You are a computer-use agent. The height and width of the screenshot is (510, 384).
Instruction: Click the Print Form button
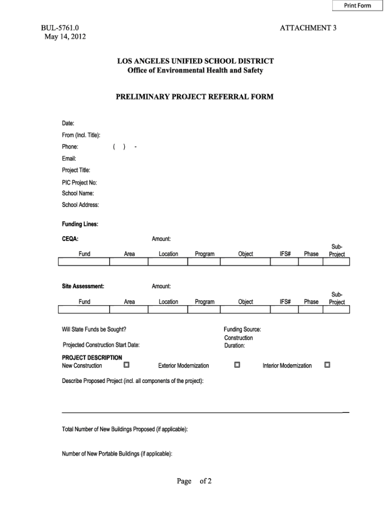pos(357,5)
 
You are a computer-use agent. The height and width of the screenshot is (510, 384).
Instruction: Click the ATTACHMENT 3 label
pos(308,28)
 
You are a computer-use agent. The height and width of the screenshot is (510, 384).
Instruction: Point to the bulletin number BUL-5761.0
pos(60,28)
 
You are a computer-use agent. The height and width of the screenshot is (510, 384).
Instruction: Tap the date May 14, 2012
pos(64,37)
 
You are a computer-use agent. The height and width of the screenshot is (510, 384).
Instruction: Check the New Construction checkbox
pos(126,365)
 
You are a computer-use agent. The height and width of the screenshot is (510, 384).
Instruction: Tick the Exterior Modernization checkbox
pos(237,365)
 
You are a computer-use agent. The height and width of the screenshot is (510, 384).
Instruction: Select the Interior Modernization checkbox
pos(327,365)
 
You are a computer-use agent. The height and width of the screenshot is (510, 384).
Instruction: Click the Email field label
pos(69,159)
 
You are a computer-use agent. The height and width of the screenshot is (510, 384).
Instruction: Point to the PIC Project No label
pos(79,182)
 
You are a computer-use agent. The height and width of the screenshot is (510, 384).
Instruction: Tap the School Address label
pos(80,205)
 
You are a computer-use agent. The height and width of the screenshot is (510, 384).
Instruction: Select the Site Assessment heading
pos(83,286)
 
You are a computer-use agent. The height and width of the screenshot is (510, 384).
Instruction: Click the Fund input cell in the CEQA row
pos(84,262)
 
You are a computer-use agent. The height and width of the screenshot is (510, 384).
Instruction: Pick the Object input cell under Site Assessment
pos(245,310)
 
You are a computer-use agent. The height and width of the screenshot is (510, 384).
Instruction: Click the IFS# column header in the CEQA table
pos(285,254)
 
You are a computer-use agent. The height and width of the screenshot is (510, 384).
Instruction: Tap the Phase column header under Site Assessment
pos(311,302)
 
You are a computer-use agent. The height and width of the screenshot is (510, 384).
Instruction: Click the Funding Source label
pos(242,329)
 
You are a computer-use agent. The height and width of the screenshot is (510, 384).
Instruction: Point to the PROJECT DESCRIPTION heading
pos(92,358)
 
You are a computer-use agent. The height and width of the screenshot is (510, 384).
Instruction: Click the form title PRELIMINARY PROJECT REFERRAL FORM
pos(194,97)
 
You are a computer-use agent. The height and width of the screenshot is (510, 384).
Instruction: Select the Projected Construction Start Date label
pos(101,345)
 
